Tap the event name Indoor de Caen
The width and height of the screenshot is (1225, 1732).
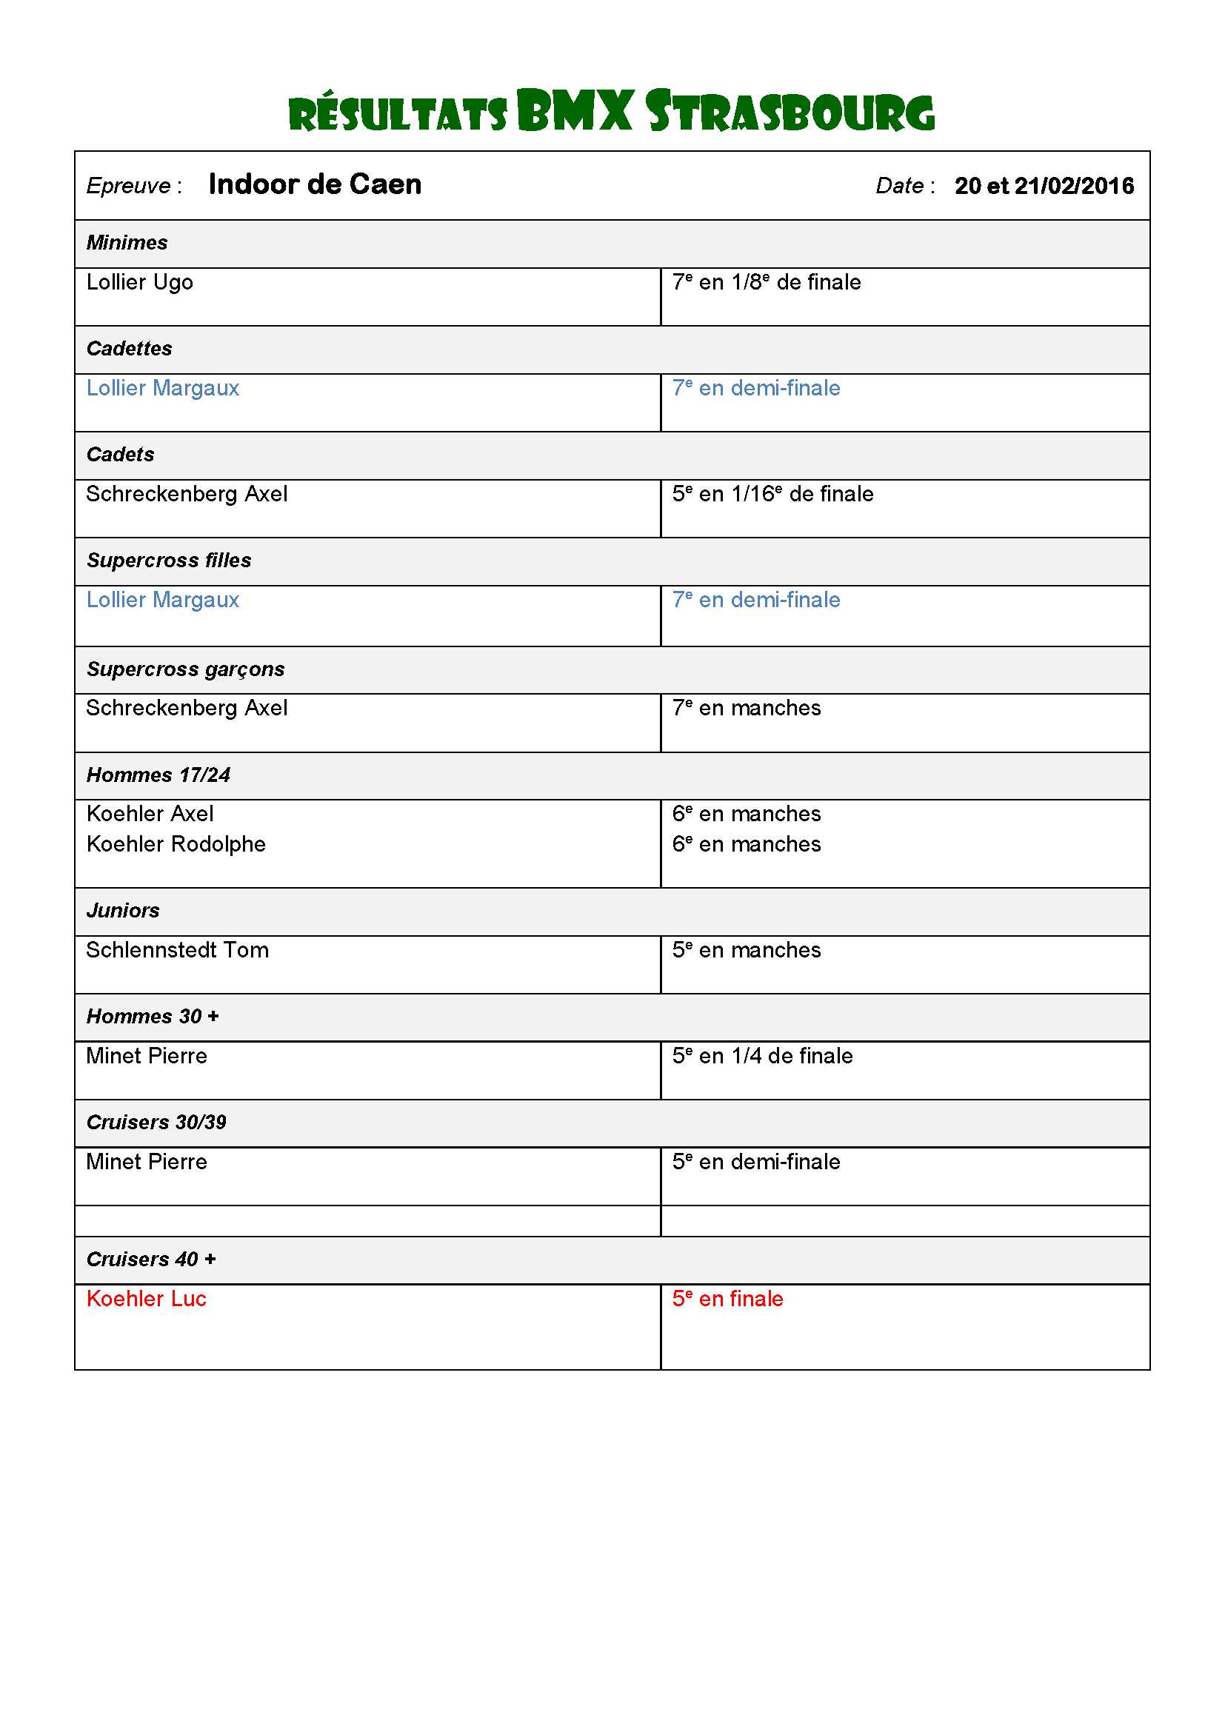pyautogui.click(x=315, y=185)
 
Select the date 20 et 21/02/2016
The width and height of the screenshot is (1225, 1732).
pyautogui.click(x=1044, y=186)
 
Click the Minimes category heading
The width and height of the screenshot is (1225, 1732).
pyautogui.click(x=127, y=243)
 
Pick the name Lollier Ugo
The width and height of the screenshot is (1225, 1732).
pyautogui.click(x=139, y=282)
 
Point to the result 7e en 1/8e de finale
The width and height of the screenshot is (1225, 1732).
pyautogui.click(x=767, y=282)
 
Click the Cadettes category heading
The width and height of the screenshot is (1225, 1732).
pyautogui.click(x=129, y=349)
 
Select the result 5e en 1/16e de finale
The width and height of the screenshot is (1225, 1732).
pyautogui.click(x=772, y=494)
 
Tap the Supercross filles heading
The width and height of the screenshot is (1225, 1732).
pyautogui.click(x=169, y=561)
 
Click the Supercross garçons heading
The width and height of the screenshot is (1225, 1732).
pyautogui.click(x=186, y=669)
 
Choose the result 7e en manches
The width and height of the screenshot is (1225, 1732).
pyautogui.click(x=746, y=709)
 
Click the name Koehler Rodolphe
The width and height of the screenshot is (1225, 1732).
pyautogui.click(x=176, y=844)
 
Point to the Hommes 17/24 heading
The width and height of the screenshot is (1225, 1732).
pyautogui.click(x=158, y=775)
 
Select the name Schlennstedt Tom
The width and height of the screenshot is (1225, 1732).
pyautogui.click(x=177, y=950)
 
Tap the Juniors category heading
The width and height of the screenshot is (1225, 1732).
pyautogui.click(x=123, y=911)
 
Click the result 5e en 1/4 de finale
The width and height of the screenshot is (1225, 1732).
pyautogui.click(x=762, y=1056)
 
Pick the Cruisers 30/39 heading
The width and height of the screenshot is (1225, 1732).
pyautogui.click(x=156, y=1123)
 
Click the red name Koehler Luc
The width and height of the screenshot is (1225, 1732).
pyautogui.click(x=147, y=1299)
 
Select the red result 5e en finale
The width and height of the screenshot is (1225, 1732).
pyautogui.click(x=727, y=1299)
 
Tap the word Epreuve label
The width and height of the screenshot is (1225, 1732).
pyautogui.click(x=129, y=187)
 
